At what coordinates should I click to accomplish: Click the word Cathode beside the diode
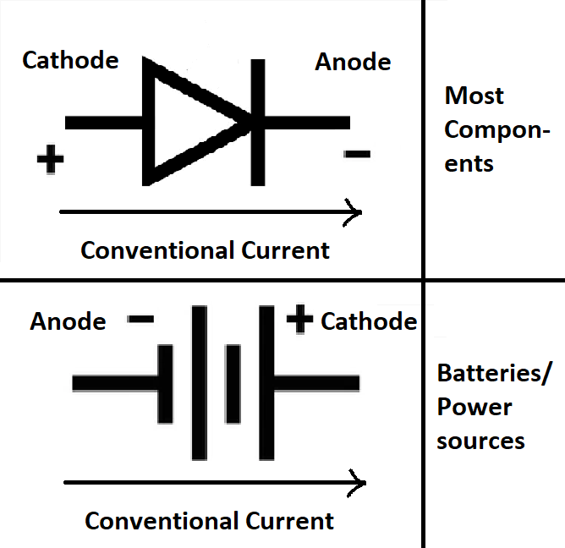(70, 61)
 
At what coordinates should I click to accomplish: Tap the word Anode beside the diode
(353, 62)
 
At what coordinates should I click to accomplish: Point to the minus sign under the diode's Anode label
(357, 154)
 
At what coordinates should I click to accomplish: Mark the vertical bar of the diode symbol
(257, 123)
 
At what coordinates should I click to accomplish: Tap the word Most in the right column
(474, 96)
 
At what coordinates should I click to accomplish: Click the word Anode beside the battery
(68, 322)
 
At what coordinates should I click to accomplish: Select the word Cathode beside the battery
(369, 321)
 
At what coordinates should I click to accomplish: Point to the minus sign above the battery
(140, 320)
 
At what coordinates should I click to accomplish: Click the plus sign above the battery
(299, 320)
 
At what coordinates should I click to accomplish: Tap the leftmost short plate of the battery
(165, 383)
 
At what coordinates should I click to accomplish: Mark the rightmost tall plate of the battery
(266, 382)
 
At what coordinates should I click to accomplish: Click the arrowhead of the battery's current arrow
(359, 484)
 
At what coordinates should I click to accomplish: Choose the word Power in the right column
(474, 407)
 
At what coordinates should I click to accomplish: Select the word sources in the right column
(480, 441)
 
